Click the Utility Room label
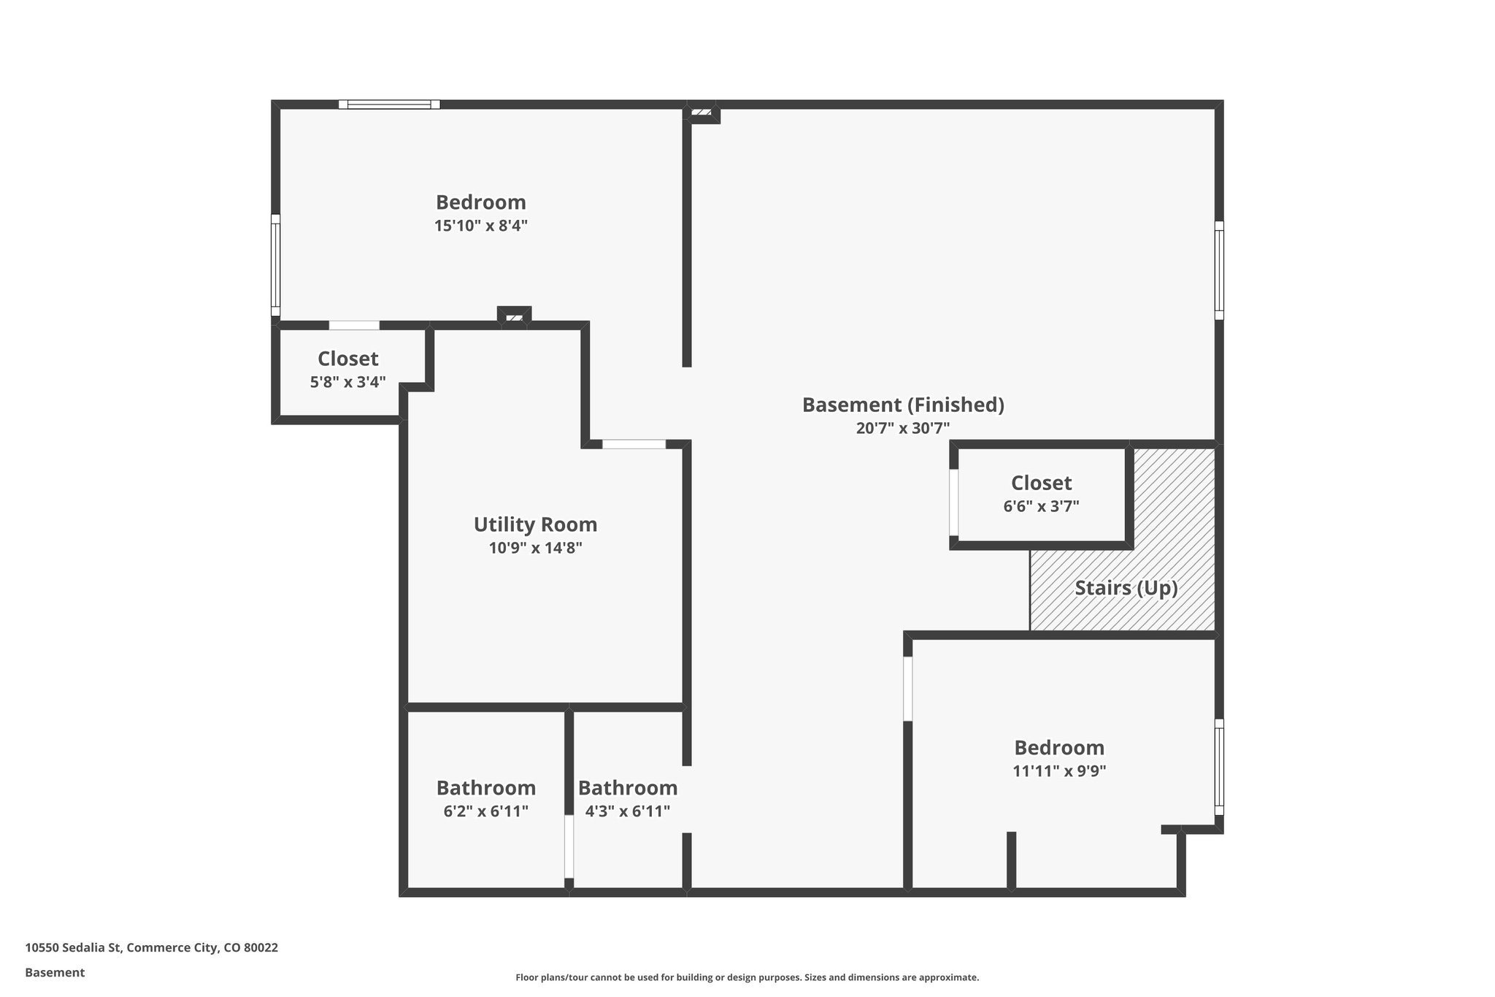535,524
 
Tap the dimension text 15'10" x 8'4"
480,226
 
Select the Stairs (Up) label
1126,588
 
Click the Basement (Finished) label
903,405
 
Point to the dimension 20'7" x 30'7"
903,428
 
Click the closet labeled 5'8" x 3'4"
348,370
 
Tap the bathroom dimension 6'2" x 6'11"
485,811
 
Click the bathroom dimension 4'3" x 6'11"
627,811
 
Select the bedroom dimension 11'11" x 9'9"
1059,771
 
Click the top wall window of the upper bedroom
389,104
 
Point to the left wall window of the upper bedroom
276,264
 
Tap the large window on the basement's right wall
1219,270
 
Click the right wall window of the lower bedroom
1219,767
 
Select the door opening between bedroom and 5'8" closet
354,325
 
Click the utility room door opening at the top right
634,444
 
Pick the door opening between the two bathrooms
569,846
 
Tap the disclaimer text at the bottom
747,977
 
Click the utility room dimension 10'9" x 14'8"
535,548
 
